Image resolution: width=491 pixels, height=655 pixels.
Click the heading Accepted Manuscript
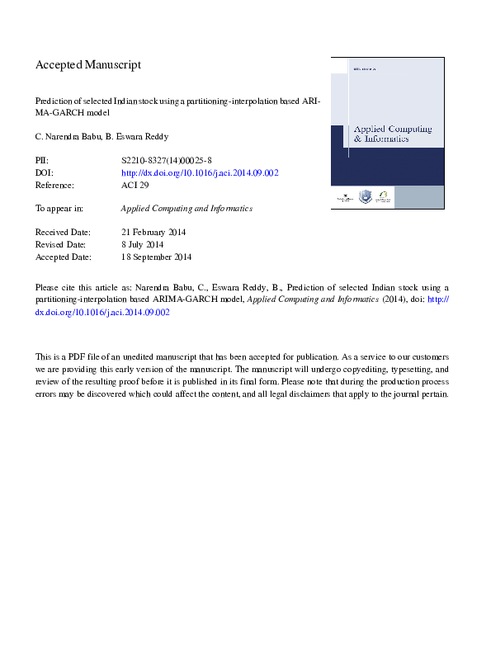point(88,64)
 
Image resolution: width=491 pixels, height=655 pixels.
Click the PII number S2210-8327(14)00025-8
point(165,161)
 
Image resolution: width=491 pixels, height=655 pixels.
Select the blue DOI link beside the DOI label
point(200,173)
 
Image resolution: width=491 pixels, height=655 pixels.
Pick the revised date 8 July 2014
point(142,245)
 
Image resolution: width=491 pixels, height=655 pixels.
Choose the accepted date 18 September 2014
point(156,257)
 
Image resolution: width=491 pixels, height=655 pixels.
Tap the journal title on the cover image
point(380,134)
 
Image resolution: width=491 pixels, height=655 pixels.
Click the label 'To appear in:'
point(59,209)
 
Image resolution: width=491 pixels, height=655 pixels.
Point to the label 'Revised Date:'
point(63,245)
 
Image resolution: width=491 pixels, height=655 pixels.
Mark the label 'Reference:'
point(56,186)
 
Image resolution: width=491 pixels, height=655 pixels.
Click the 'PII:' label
point(42,161)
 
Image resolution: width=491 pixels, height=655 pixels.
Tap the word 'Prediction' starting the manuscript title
point(54,99)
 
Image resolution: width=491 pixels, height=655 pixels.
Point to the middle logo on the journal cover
point(365,197)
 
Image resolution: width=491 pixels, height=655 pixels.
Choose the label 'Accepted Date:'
point(64,257)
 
